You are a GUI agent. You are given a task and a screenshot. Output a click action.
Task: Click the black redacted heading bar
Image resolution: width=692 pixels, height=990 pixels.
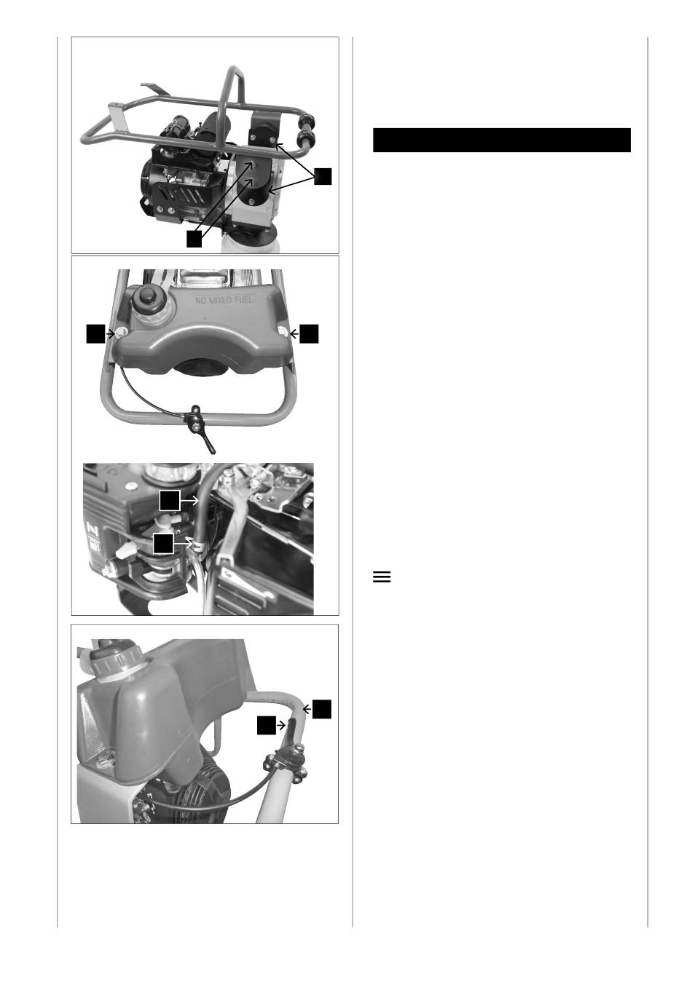(x=501, y=140)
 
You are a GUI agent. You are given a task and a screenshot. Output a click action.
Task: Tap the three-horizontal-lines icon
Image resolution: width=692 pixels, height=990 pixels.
(x=382, y=577)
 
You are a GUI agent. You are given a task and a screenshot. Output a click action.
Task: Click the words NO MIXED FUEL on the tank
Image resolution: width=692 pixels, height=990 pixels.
(x=224, y=301)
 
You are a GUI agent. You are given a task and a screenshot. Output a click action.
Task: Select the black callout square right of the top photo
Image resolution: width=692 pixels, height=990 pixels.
(x=323, y=176)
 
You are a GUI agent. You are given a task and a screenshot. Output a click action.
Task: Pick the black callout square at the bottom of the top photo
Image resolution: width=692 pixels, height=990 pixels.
(x=194, y=239)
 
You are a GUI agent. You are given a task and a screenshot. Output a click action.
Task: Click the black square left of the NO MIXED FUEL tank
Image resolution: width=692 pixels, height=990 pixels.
(x=95, y=333)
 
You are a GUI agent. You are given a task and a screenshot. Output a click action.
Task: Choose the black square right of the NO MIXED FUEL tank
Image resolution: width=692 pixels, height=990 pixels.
(x=309, y=333)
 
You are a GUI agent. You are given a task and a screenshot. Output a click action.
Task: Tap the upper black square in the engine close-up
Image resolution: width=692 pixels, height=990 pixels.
(x=170, y=500)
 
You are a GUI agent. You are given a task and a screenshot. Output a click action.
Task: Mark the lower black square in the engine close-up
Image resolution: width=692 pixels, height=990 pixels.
(x=163, y=543)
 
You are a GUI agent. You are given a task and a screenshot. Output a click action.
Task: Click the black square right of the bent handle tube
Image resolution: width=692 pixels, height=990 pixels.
(x=322, y=709)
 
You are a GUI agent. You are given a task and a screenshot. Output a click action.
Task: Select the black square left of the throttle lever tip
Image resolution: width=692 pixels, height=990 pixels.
(x=266, y=725)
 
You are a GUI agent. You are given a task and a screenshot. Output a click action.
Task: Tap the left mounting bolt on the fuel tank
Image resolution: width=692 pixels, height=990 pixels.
(x=120, y=333)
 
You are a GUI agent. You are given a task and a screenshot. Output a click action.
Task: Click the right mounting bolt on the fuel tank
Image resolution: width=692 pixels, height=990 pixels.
(x=283, y=333)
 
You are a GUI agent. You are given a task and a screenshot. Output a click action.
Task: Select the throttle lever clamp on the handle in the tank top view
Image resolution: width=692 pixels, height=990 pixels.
(x=194, y=420)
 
